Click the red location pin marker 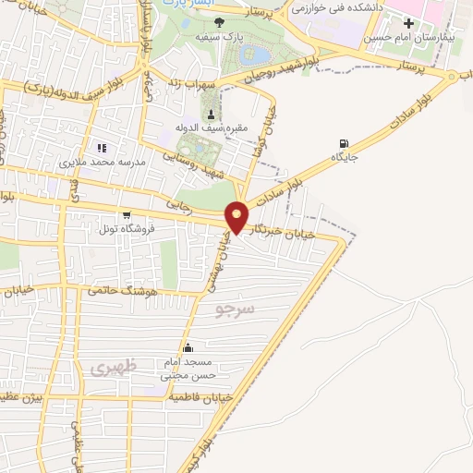(x=237, y=216)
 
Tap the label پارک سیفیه (x=218, y=38)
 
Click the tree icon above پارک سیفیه (x=218, y=21)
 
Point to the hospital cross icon (x=408, y=22)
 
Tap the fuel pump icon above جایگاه (x=345, y=143)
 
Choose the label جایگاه (x=345, y=159)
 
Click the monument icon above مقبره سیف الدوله (x=212, y=114)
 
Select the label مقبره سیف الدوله (x=212, y=129)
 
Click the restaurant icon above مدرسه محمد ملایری (x=103, y=147)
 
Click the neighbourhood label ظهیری (x=113, y=367)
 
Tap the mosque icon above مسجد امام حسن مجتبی (x=188, y=347)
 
